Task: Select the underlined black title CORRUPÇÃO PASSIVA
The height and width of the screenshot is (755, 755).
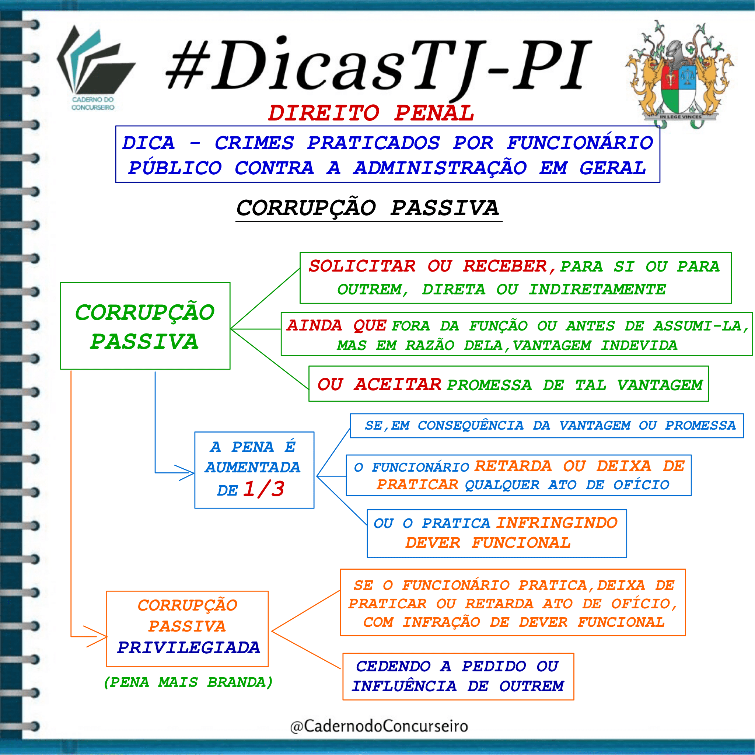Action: (x=368, y=208)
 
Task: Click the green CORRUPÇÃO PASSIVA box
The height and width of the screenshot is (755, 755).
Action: (x=146, y=326)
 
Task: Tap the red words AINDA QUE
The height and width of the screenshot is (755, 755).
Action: (x=336, y=325)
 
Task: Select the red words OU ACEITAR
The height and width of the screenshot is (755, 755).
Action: (x=379, y=385)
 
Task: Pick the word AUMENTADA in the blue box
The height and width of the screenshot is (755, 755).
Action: (x=252, y=467)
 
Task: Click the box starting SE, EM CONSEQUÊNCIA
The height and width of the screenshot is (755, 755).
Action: (x=547, y=426)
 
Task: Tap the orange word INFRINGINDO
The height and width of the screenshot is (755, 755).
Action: (x=557, y=523)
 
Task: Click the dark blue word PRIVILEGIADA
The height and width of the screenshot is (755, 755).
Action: (x=188, y=648)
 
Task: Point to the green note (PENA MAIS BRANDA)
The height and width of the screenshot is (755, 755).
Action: (x=188, y=682)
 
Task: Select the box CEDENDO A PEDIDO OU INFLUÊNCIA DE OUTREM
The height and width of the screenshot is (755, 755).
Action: (x=458, y=677)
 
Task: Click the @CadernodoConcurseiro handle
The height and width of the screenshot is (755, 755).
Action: (x=379, y=726)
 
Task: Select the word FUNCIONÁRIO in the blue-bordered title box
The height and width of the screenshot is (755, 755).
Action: (x=580, y=143)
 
